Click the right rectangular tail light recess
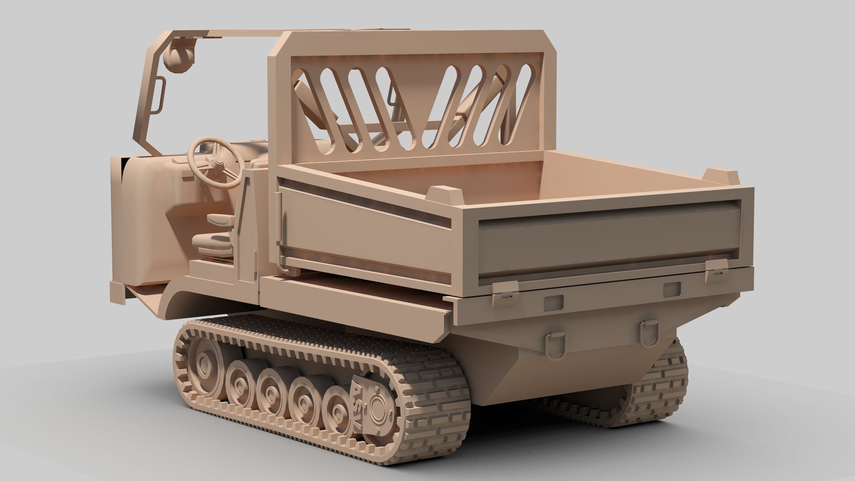(672, 289)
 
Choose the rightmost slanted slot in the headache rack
(521, 105)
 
